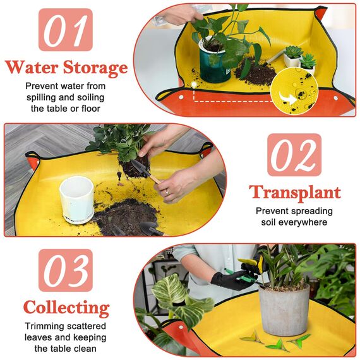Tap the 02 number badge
(294, 155)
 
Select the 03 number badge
(65, 270)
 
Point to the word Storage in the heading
(95, 68)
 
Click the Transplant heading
(294, 192)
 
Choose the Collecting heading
(66, 308)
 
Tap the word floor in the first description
(89, 108)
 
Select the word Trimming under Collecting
(47, 326)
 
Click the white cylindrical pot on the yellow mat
(76, 199)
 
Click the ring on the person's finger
(166, 191)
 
